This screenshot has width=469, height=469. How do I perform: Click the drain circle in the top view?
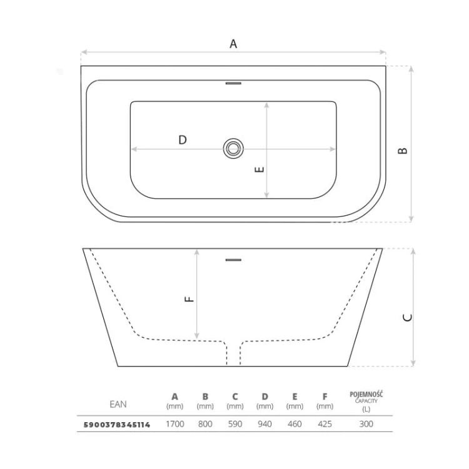[233, 139]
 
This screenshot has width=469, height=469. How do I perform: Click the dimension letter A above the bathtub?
[233, 44]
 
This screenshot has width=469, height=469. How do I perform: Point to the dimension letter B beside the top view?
[403, 151]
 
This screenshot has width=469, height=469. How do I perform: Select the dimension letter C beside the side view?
[408, 317]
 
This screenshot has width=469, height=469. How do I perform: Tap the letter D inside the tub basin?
[183, 139]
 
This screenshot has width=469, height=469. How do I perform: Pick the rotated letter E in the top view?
[260, 169]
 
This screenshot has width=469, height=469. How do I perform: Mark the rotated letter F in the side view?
[189, 299]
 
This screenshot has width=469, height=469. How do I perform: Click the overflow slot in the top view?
[233, 83]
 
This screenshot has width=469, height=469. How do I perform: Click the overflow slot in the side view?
[233, 260]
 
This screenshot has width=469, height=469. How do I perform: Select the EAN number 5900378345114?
[117, 425]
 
